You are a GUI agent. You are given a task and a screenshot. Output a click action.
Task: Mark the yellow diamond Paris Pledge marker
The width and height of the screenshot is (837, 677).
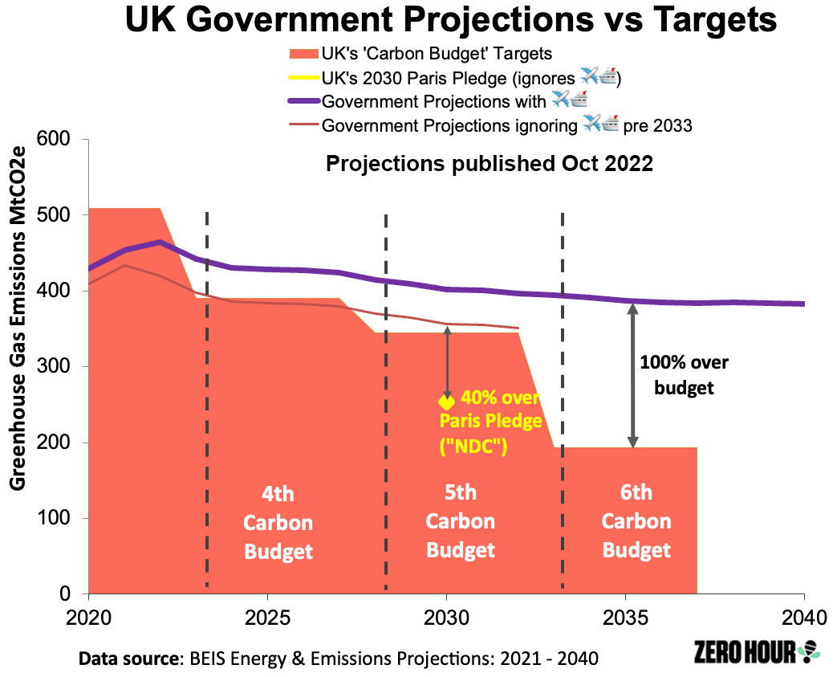coord(446,402)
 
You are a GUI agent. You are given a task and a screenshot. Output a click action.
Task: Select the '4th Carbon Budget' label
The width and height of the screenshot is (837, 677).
coord(278,523)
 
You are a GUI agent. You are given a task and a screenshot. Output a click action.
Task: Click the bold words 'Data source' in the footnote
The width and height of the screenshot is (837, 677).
coord(128,659)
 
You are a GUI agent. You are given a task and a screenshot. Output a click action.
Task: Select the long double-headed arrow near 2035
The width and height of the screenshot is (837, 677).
coord(632,376)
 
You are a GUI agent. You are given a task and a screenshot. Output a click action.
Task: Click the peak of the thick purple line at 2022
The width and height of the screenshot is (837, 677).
coord(160,242)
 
